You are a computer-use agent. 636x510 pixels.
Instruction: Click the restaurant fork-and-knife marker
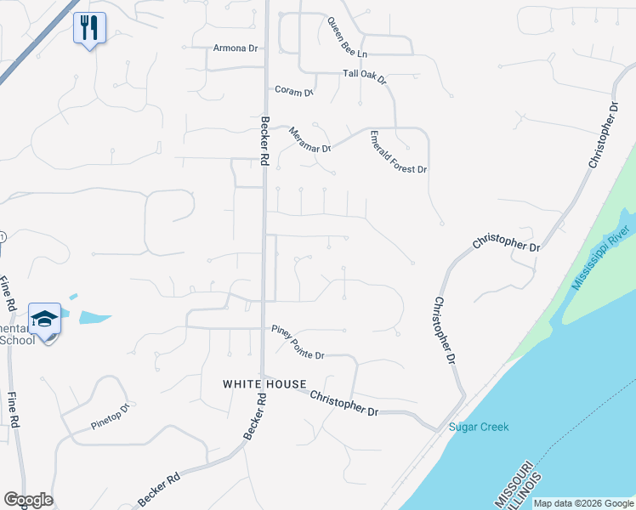point(89,29)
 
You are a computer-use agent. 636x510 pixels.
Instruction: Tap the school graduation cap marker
point(44,320)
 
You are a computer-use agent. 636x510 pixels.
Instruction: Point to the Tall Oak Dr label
point(365,76)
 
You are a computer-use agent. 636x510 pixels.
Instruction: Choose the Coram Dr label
point(294,90)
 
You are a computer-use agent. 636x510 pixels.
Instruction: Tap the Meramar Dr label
point(309,139)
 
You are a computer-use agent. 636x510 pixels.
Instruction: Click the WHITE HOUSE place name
point(264,384)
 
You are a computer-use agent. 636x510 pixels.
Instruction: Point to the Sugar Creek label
point(478,427)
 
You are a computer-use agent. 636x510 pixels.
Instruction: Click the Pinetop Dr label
point(110,416)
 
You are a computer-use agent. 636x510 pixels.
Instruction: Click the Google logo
point(28,500)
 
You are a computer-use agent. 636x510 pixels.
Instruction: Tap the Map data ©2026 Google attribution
point(583,503)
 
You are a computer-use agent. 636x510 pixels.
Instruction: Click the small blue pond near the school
point(94,317)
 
